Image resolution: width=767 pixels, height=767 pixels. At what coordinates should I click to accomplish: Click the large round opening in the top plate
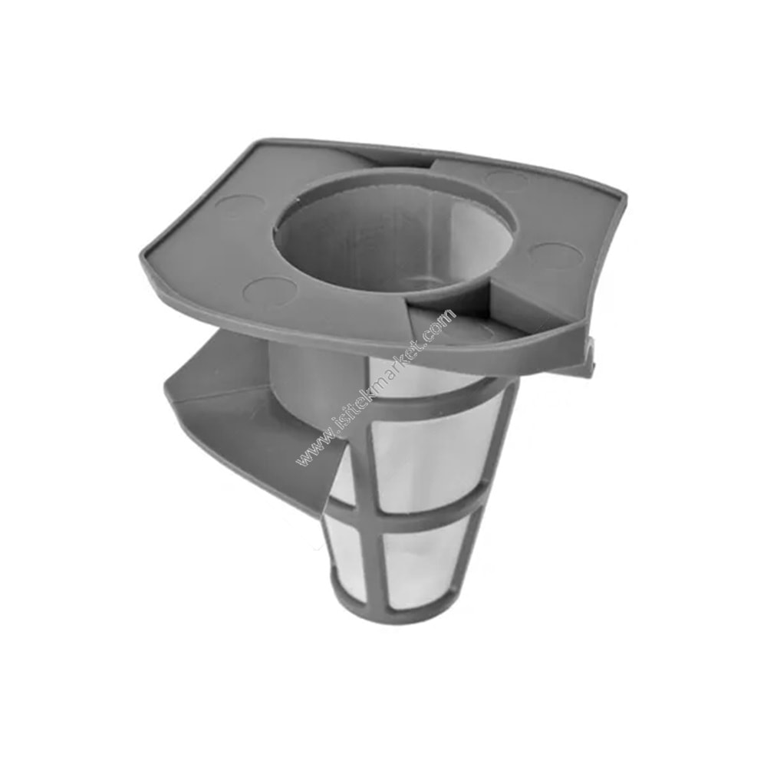395,230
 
